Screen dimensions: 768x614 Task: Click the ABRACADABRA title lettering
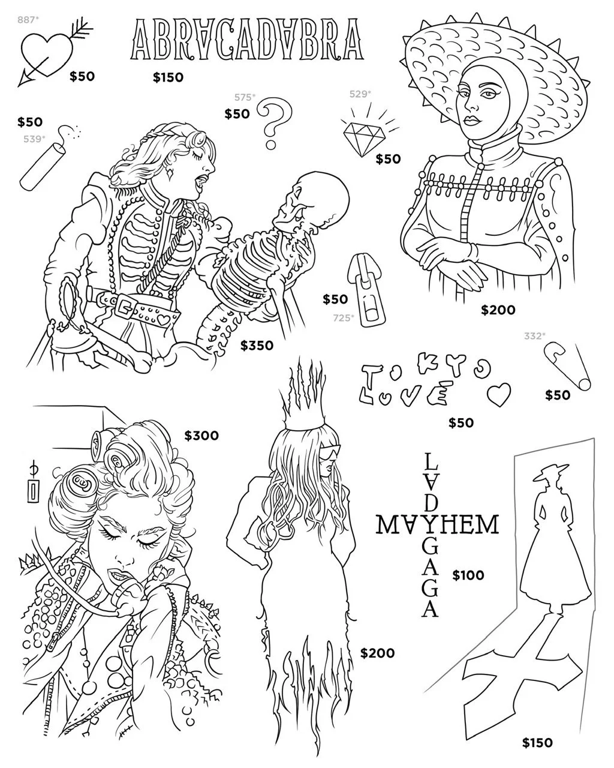[x=248, y=40]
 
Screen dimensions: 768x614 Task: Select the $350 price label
[x=257, y=346]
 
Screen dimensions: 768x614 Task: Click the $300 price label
[x=201, y=436]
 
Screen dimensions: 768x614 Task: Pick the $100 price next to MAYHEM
[x=468, y=575]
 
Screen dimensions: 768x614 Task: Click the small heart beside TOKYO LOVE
[x=498, y=394]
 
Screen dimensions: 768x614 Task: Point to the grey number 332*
[x=535, y=336]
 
